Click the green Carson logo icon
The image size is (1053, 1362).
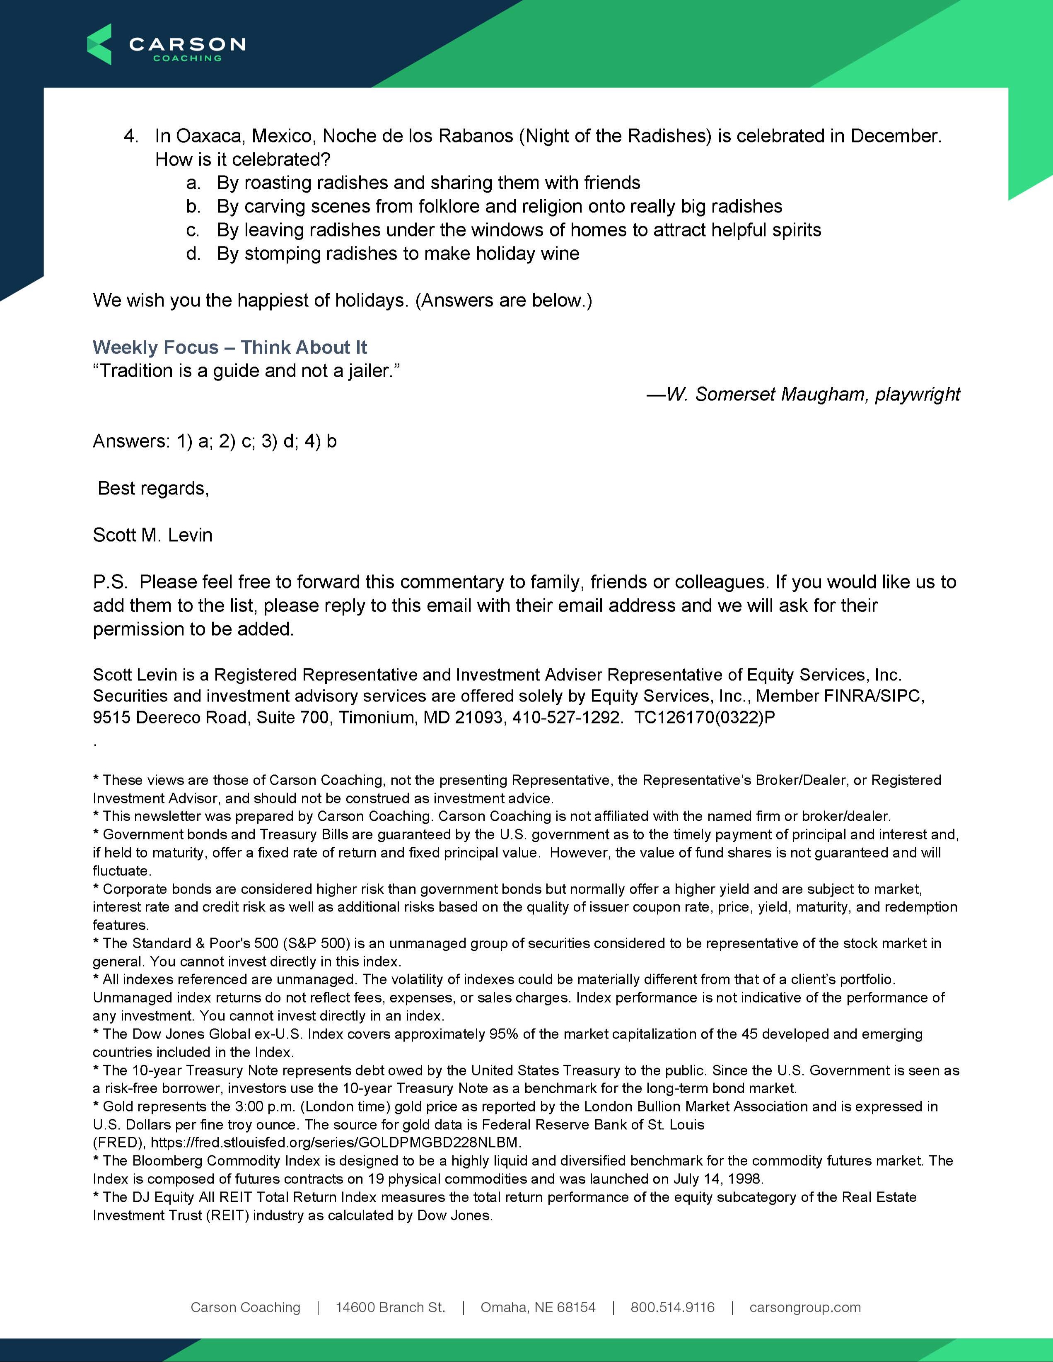99,44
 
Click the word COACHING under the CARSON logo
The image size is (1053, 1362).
187,59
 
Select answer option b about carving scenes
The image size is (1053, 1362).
499,206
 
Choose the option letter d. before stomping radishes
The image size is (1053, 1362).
193,254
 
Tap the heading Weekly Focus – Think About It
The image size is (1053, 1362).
229,347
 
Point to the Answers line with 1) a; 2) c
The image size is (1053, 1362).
215,441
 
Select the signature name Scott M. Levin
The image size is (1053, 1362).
153,535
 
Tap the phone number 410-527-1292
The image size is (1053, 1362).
567,718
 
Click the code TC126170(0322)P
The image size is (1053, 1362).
705,718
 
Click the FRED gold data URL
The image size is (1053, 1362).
336,1143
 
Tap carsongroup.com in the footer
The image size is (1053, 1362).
805,1307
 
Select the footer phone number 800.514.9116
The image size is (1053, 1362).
672,1307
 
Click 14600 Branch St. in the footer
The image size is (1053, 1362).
391,1307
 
